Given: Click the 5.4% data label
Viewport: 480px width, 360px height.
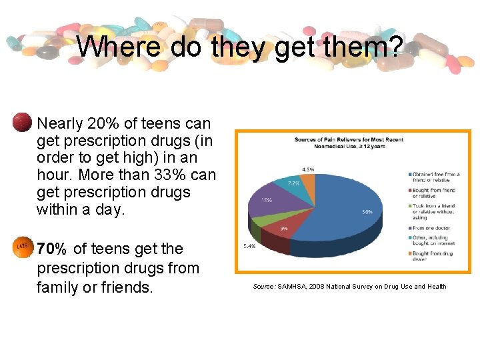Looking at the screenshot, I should [x=249, y=247].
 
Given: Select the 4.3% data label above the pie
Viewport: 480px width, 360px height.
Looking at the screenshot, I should [x=307, y=169].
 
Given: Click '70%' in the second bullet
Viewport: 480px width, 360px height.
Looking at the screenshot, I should [x=52, y=249].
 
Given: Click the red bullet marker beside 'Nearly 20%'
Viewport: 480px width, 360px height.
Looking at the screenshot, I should [x=21, y=122].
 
